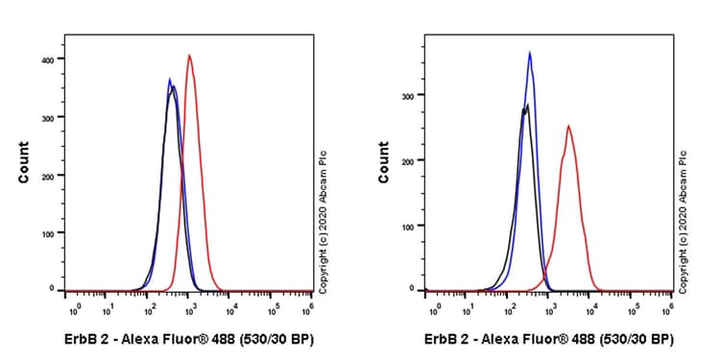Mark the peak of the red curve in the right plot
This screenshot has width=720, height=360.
point(568,126)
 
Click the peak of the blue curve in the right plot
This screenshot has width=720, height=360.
point(530,53)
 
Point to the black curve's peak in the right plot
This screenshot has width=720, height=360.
point(526,105)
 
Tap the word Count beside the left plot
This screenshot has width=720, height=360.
point(23,162)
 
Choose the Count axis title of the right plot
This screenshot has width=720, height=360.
point(384,162)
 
